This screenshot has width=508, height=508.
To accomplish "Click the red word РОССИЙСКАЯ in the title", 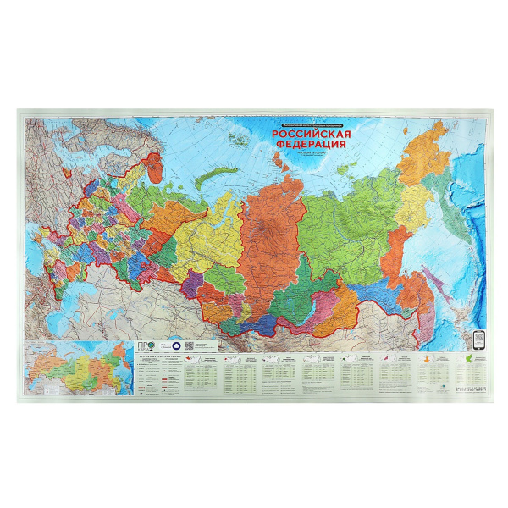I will tap(311, 134).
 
